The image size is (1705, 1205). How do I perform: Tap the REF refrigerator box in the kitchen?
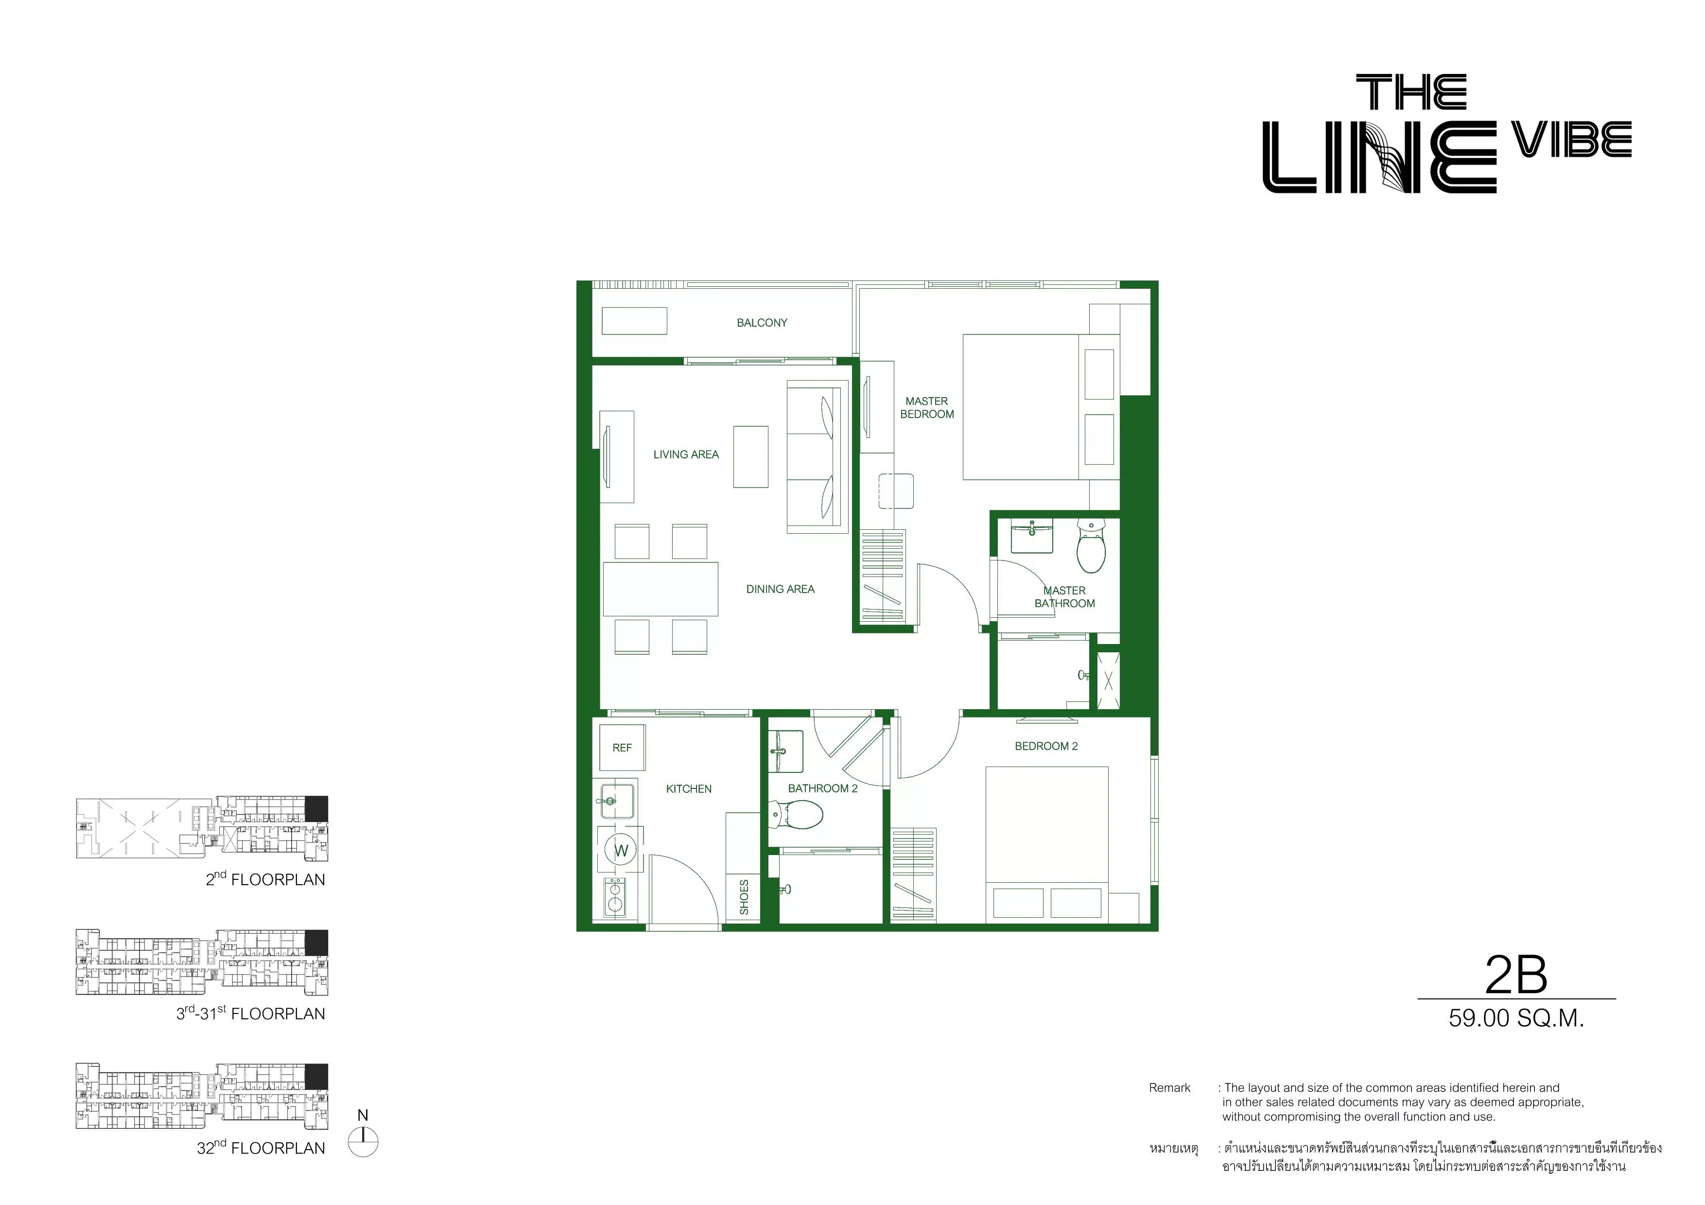click(622, 748)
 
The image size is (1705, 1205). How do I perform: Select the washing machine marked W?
click(621, 851)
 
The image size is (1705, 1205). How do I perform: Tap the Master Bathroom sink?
click(1032, 536)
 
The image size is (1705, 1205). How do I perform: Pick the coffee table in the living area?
click(751, 456)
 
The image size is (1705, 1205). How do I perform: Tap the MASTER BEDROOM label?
click(927, 408)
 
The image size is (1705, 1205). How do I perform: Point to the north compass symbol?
click(363, 1141)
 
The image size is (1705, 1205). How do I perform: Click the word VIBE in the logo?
click(1572, 140)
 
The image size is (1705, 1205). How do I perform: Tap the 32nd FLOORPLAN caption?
click(261, 1147)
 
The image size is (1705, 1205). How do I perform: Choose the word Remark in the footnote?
click(1169, 1088)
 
